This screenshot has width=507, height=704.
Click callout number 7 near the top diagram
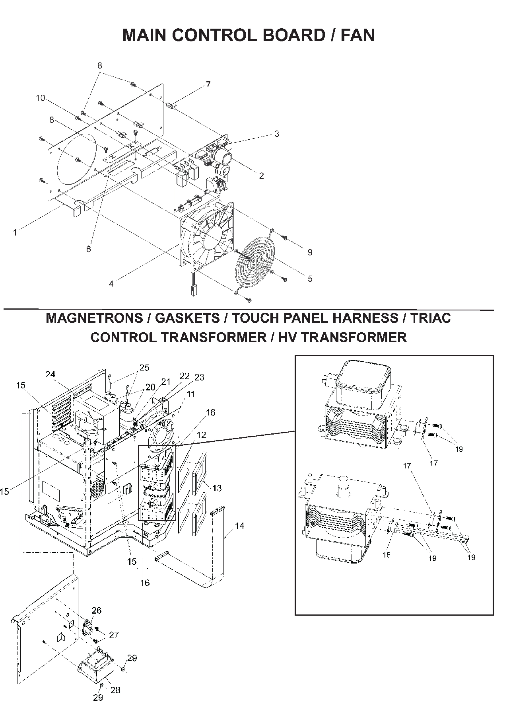[208, 84]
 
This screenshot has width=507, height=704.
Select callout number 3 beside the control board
[277, 134]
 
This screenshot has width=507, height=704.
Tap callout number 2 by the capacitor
[261, 176]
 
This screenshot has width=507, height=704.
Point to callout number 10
[41, 98]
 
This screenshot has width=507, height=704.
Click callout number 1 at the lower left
[15, 232]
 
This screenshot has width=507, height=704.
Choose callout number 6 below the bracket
[88, 249]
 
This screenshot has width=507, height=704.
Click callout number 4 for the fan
[111, 284]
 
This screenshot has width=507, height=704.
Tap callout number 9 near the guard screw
[310, 252]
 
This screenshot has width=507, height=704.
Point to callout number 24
[51, 374]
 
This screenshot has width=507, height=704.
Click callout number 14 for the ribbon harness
[239, 526]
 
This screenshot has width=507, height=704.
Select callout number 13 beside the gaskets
[217, 488]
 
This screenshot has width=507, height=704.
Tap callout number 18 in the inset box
[386, 555]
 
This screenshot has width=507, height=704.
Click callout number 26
[97, 610]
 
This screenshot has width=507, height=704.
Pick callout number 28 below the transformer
[115, 690]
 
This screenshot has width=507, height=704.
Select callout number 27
[114, 635]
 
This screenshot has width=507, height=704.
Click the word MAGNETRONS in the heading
[94, 318]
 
